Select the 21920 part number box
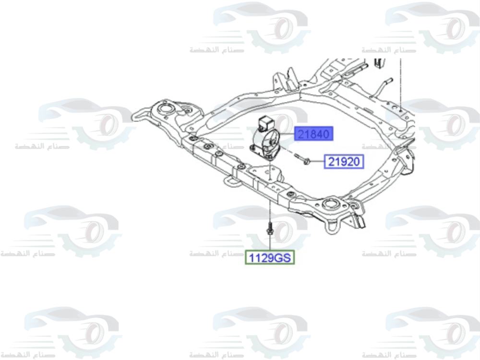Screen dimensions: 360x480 [345, 162]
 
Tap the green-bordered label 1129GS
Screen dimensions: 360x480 [270, 258]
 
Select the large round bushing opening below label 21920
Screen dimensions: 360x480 [330, 204]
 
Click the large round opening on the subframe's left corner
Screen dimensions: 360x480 [166, 109]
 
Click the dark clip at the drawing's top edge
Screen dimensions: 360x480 [380, 62]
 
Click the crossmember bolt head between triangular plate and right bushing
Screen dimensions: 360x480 [291, 194]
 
